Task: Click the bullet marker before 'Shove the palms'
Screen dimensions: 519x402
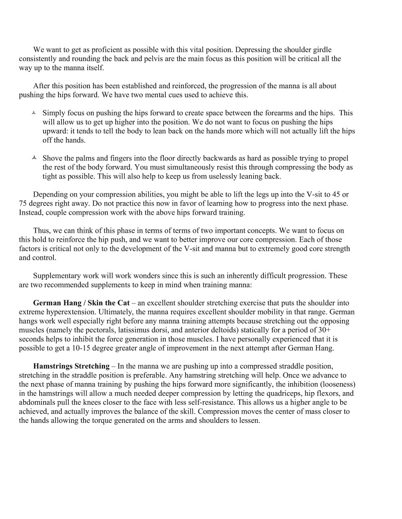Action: click(x=34, y=158)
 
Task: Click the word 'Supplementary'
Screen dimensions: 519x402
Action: click(x=57, y=275)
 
